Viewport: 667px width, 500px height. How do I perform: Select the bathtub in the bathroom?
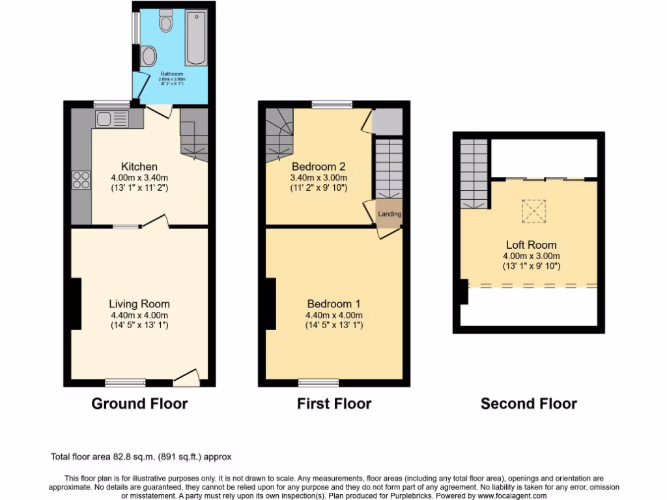[195, 38]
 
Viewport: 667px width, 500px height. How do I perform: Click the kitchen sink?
[111, 118]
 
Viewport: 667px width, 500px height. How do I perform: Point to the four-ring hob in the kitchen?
[81, 180]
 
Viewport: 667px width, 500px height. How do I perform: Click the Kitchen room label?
[139, 167]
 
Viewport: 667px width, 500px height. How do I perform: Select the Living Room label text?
[139, 304]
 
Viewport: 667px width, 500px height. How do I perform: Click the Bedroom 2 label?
[319, 165]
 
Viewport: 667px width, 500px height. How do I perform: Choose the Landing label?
[390, 214]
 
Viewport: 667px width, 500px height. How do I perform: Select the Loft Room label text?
[532, 245]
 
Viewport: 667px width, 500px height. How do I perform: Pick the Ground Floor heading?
[139, 404]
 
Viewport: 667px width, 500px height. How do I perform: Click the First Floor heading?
[334, 404]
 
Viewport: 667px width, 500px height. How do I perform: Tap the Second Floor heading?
[528, 404]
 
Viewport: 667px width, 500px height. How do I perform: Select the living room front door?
[188, 376]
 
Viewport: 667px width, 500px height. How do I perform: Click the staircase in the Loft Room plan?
[474, 173]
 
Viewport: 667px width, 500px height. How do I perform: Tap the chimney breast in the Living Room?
[76, 303]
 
